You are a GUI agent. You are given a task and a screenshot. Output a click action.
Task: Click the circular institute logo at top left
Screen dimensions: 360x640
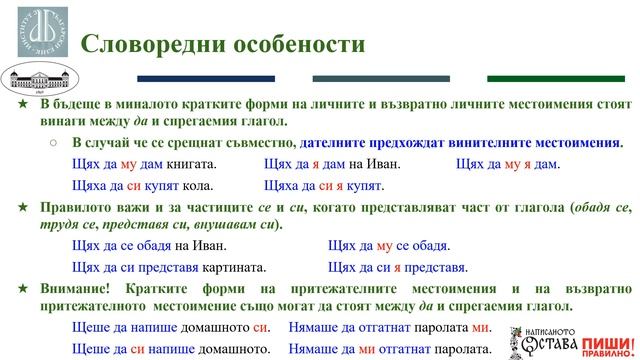tap(35, 33)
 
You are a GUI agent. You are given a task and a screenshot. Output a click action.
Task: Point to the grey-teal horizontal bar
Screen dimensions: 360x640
tap(367, 79)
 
